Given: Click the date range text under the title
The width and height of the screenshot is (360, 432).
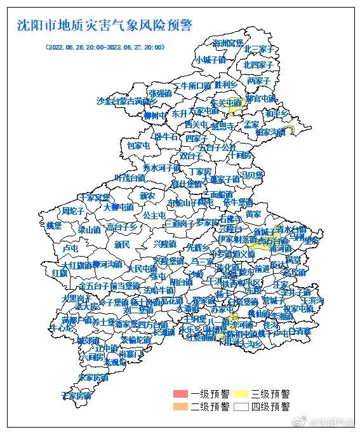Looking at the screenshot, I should [105, 47].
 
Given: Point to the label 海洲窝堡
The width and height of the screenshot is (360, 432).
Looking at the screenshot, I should [228, 43].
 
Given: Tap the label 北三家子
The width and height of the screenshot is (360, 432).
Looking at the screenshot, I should [259, 49].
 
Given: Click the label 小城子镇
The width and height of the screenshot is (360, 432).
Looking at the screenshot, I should [210, 60].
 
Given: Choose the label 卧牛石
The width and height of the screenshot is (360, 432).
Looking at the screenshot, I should [166, 136].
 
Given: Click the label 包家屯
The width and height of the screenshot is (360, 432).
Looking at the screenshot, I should [138, 145].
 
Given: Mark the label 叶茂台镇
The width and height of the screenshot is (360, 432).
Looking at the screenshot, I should [130, 177].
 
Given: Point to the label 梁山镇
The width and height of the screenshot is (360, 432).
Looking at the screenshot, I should [89, 229].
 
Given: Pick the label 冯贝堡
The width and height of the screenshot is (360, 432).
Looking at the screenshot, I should [251, 175].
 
